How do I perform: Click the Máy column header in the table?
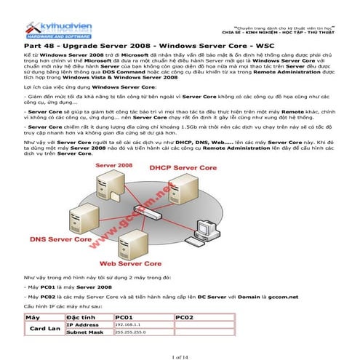pos(32,317)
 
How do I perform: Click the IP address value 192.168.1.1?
pos(128,324)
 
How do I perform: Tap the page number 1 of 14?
pos(180,353)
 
